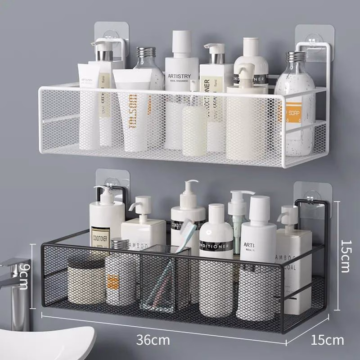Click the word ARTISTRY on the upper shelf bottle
(x=182, y=76)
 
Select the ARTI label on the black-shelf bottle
(x=251, y=245)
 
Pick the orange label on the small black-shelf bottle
(x=113, y=281)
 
